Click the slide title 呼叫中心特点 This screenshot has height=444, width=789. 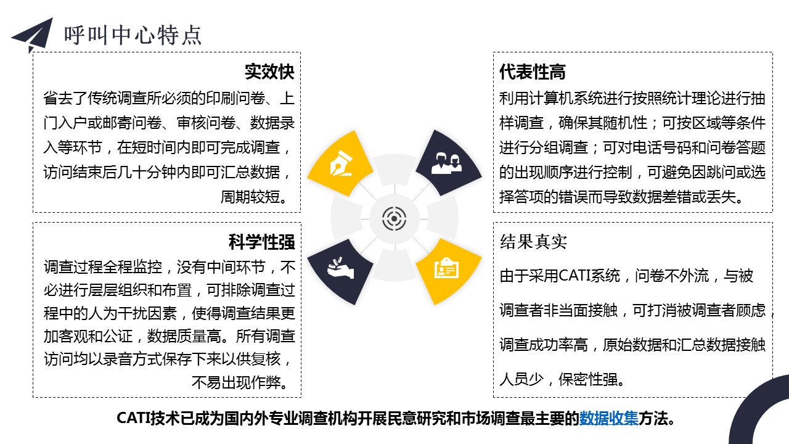coord(133,35)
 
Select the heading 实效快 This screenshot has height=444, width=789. coord(269,72)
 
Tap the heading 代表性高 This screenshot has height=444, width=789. coord(532,72)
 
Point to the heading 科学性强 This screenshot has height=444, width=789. coord(262,242)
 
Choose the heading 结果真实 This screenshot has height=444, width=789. coord(533,242)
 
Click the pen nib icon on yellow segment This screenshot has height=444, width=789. coord(341,163)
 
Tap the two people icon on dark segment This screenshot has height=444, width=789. coord(446,163)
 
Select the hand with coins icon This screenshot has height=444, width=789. coord(340,268)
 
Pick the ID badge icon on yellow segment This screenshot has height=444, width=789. coord(446,268)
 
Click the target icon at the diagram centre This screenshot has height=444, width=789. coord(394,219)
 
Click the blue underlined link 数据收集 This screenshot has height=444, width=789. coord(608,418)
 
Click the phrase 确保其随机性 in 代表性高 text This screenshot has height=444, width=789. coord(603,123)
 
